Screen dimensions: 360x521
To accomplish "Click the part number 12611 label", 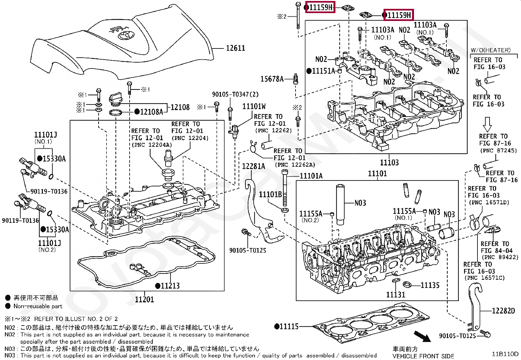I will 235,48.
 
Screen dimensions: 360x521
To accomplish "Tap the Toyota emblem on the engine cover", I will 125,35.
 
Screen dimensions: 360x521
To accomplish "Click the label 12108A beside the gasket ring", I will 151,112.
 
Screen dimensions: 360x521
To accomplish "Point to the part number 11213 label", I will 170,286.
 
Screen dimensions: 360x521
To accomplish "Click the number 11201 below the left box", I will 144,299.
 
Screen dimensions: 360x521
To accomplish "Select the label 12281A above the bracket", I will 253,166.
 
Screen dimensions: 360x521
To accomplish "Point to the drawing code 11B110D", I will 505,354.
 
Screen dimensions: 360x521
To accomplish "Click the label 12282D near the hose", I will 503,311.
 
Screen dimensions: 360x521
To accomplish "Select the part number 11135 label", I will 430,285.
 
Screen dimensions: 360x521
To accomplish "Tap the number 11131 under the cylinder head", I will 396,294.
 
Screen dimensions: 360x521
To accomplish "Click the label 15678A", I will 272,79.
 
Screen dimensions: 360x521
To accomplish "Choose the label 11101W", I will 254,106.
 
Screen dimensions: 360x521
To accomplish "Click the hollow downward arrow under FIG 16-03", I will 487,124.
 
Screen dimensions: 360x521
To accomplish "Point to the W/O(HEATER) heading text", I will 490,50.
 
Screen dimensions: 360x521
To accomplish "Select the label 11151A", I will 323,71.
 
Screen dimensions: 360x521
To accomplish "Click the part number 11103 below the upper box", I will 389,162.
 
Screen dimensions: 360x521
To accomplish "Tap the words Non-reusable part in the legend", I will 38,306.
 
